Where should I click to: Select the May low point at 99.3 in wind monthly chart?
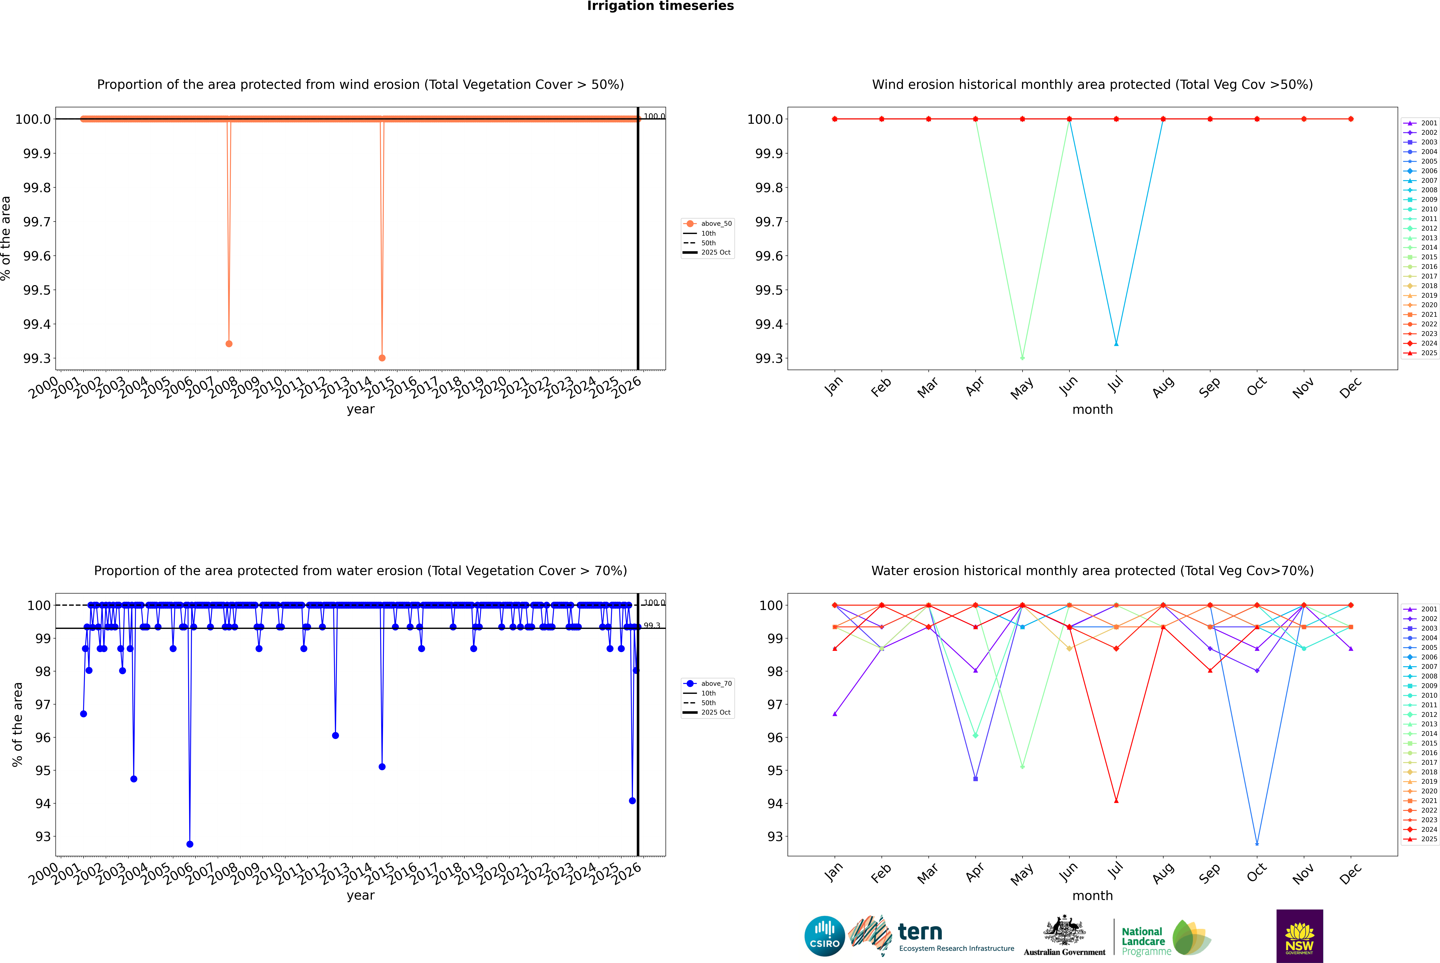coord(1022,357)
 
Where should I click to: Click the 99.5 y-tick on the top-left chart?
coord(37,290)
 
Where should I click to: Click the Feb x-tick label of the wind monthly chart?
coord(880,387)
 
